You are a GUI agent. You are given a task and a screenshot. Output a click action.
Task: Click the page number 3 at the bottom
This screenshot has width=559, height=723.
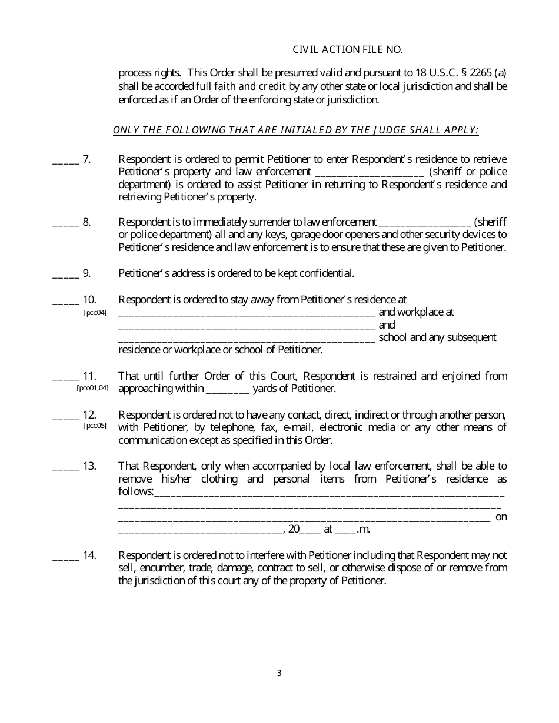pyautogui.click(x=279, y=673)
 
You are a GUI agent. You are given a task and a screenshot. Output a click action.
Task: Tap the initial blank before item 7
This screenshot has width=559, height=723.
pyautogui.click(x=65, y=160)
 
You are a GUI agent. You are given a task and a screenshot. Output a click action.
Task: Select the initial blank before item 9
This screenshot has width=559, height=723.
pyautogui.click(x=65, y=274)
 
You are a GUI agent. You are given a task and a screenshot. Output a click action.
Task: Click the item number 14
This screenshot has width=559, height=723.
pyautogui.click(x=89, y=555)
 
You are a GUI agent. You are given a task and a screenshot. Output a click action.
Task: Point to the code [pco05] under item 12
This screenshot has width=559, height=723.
pyautogui.click(x=95, y=426)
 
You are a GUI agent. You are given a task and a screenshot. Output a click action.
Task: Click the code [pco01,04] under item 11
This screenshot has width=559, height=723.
pyautogui.click(x=92, y=388)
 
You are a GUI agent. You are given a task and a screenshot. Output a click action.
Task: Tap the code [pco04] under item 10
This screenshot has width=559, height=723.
pyautogui.click(x=95, y=313)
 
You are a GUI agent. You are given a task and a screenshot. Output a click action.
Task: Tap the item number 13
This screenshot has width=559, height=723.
pyautogui.click(x=89, y=466)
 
